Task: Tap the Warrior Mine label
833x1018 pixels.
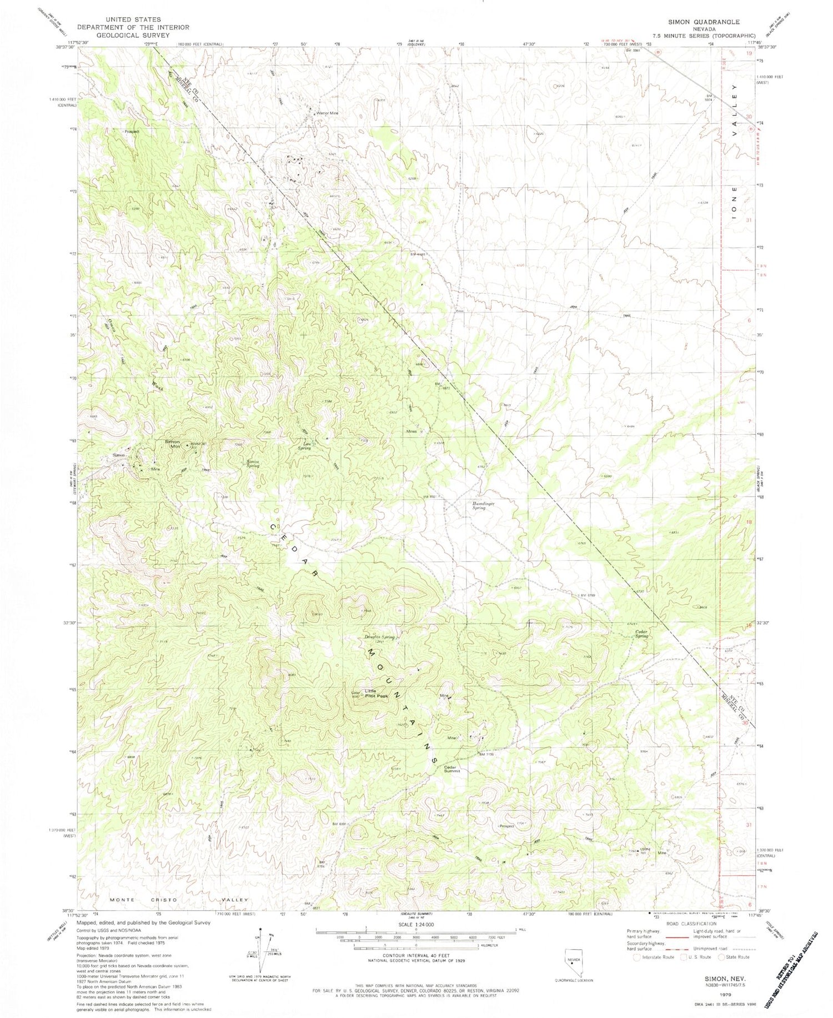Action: coord(327,113)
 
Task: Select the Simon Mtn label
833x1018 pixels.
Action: coord(173,443)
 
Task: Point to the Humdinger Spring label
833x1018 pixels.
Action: coord(483,505)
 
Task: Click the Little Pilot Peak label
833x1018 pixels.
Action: coord(376,694)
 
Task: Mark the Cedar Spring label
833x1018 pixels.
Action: coord(642,634)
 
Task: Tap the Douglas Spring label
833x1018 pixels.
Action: coord(379,638)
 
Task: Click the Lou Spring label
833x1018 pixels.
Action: coord(304,446)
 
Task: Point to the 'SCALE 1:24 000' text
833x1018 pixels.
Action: coord(415,924)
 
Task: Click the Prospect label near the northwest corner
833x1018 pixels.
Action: coord(132,132)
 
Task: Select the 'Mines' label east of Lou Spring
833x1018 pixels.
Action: coord(412,432)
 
